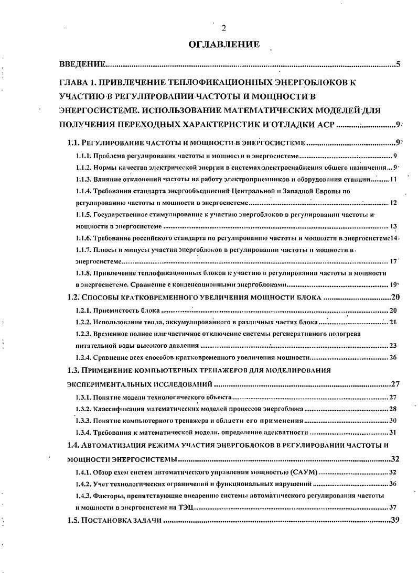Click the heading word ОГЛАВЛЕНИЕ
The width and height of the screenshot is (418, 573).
pyautogui.click(x=223, y=45)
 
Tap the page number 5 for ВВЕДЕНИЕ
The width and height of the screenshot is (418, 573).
pyautogui.click(x=399, y=65)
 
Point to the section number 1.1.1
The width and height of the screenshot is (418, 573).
pyautogui.click(x=84, y=156)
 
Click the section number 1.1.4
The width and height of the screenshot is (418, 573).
pyautogui.click(x=84, y=191)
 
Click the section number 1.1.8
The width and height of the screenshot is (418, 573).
pyautogui.click(x=84, y=273)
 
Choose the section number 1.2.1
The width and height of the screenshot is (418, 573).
pyautogui.click(x=84, y=310)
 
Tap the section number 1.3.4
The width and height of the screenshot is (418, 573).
pyautogui.click(x=84, y=433)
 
